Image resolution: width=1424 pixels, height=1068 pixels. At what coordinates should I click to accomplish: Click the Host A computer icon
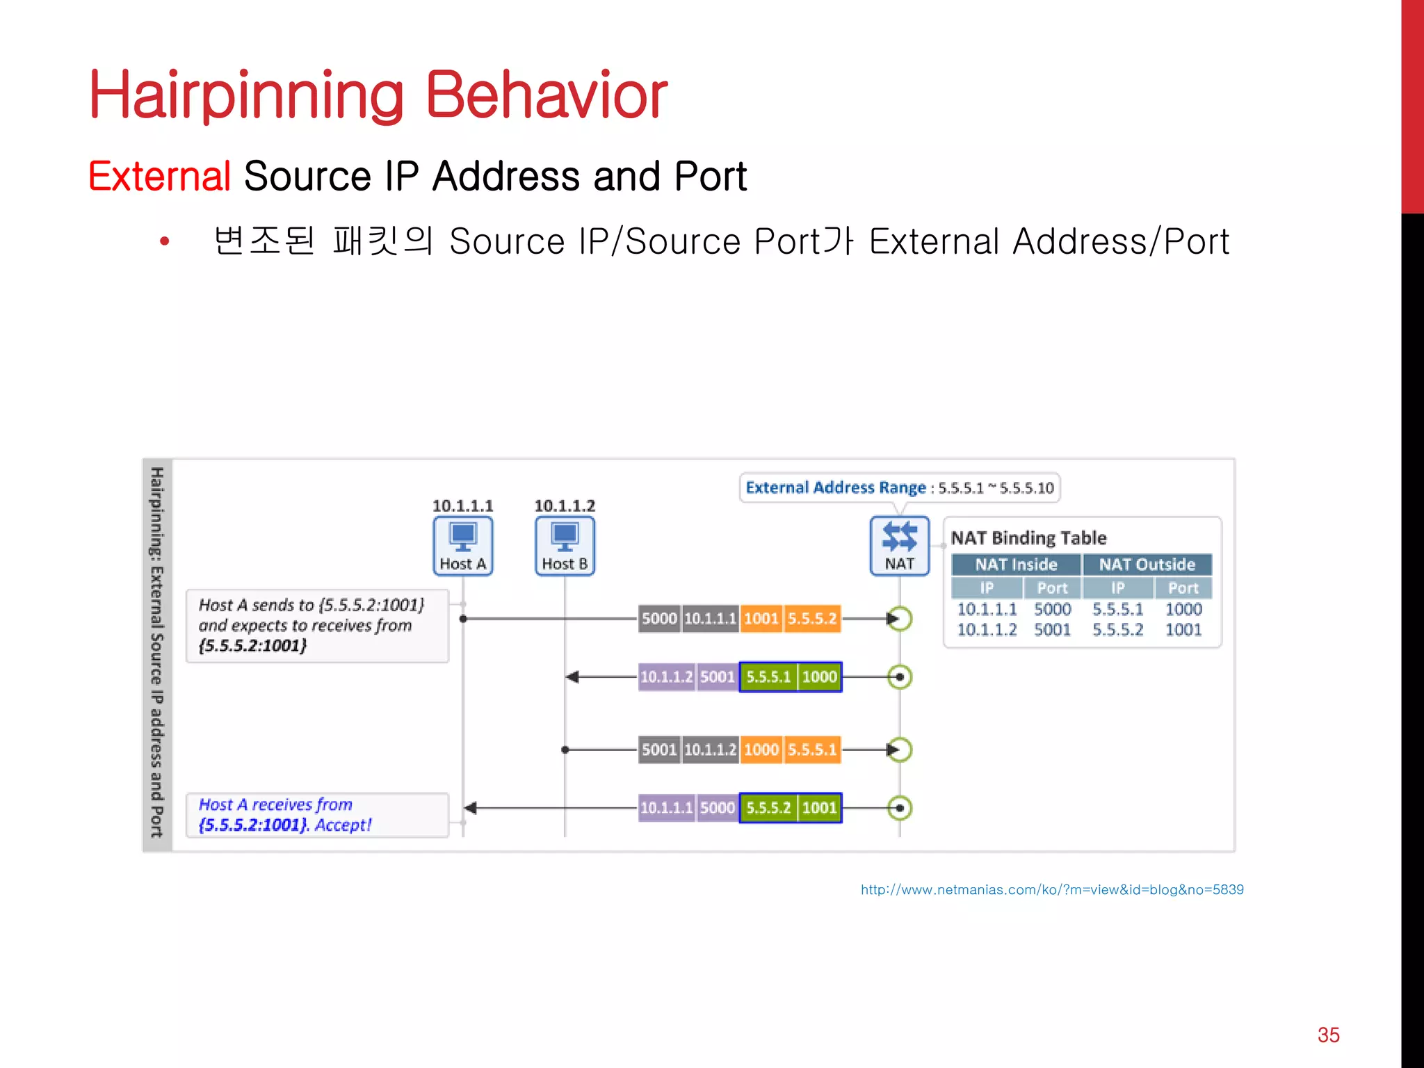tap(463, 545)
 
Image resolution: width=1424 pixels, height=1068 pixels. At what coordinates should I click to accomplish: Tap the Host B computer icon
tap(565, 545)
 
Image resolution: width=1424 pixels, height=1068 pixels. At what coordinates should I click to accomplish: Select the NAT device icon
tap(899, 545)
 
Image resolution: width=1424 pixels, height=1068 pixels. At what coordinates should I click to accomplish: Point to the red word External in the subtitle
tap(159, 176)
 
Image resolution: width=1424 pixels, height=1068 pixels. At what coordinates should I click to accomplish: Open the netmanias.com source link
tap(1052, 889)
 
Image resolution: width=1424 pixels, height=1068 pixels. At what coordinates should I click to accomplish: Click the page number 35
tap(1328, 1035)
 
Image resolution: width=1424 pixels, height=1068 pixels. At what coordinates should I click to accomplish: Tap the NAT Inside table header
tap(1016, 565)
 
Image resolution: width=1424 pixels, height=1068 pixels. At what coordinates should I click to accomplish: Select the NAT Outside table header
tap(1147, 565)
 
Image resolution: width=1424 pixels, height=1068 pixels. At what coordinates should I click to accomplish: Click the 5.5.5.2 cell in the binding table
tap(1117, 630)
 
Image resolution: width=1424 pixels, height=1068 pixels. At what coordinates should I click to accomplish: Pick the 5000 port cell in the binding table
tap(1052, 610)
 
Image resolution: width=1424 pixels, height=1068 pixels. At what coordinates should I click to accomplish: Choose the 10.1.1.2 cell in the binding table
tap(987, 630)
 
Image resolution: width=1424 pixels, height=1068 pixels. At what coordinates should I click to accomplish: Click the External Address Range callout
tap(899, 487)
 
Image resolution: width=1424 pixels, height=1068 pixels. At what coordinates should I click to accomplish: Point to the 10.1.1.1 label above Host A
tap(463, 505)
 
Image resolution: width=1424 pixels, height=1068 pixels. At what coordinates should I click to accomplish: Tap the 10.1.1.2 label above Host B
tap(565, 505)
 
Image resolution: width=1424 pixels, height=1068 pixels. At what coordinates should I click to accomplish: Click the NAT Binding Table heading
tap(1028, 537)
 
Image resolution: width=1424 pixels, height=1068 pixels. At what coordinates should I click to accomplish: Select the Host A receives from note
tap(317, 815)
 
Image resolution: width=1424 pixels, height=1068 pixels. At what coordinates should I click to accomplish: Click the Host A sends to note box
tap(317, 625)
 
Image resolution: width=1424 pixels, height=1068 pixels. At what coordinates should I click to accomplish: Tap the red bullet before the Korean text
tap(165, 241)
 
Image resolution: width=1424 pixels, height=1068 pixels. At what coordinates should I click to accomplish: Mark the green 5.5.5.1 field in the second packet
tap(768, 677)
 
